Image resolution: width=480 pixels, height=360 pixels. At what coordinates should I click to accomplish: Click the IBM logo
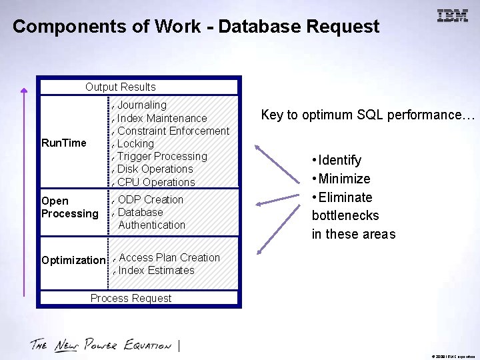pos(453,16)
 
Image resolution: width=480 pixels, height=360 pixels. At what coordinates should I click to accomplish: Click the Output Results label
pos(120,87)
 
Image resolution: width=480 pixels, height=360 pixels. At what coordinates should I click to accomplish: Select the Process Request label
pos(131,298)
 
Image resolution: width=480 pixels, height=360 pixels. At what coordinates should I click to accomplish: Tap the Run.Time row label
pos(64,143)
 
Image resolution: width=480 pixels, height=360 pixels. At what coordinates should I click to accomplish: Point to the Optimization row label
pos(73,260)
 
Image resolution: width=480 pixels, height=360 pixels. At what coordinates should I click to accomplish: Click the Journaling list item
pos(142,105)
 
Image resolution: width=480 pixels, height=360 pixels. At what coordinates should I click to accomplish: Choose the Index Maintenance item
pos(162,118)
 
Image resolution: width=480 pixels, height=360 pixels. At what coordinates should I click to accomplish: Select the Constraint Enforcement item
pos(173,131)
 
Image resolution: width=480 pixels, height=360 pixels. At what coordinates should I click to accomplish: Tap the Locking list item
pos(135,143)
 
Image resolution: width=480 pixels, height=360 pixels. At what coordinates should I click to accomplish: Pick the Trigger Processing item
pos(162,156)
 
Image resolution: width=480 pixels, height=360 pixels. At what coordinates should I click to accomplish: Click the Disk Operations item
pos(155,169)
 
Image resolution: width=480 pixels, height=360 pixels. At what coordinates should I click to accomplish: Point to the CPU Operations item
pos(156,182)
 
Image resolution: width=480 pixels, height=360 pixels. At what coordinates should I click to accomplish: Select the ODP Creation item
pos(150,199)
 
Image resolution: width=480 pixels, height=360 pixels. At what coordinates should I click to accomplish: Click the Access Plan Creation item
pos(169,257)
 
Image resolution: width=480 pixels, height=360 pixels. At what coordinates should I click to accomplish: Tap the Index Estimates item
pos(156,270)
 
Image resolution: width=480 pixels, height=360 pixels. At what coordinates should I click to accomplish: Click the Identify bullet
pos(339,160)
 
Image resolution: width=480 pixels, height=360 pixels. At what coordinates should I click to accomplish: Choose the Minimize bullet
pos(344,179)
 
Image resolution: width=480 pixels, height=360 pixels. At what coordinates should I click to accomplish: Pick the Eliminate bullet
pos(345,197)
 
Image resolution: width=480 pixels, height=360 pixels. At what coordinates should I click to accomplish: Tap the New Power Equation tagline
pos(101,345)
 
